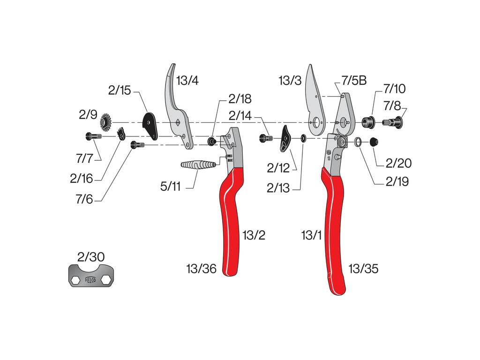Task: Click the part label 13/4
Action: click(x=187, y=80)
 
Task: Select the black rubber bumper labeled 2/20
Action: click(x=374, y=142)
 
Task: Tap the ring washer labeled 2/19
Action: click(x=358, y=141)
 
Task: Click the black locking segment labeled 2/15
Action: click(x=150, y=125)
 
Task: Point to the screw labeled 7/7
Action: click(x=93, y=136)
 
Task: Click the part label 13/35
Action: click(x=363, y=269)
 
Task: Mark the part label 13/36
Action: click(x=201, y=269)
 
